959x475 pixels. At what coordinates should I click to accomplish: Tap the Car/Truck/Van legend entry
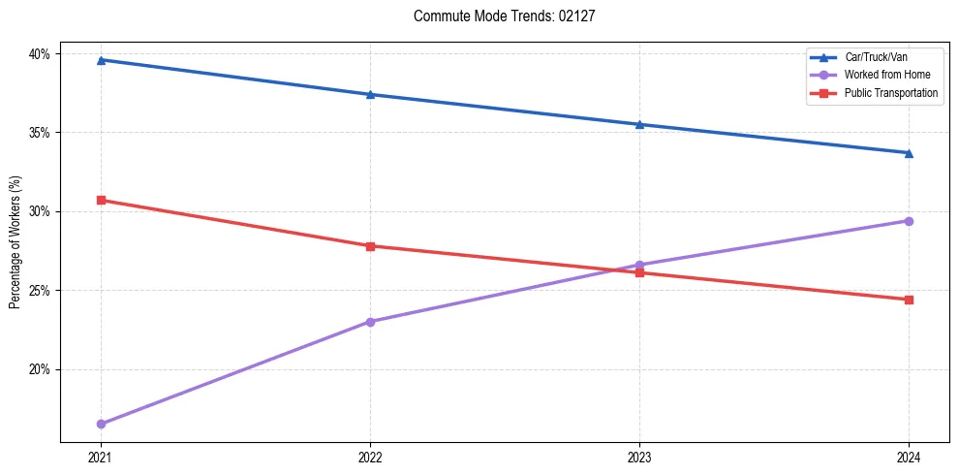876,57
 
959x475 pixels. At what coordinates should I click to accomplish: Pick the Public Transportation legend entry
891,93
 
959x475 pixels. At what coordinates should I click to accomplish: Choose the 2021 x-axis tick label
101,457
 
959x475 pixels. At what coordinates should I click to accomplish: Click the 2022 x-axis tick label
370,457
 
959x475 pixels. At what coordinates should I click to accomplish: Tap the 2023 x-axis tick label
639,457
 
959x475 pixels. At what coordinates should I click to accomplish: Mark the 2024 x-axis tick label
909,457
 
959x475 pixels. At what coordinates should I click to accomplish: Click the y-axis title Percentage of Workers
15,241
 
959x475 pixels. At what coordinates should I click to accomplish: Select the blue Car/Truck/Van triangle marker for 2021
101,60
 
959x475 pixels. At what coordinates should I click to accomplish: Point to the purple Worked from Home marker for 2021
101,424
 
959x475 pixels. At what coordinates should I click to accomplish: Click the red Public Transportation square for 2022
370,246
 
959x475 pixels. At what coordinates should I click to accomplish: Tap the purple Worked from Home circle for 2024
909,221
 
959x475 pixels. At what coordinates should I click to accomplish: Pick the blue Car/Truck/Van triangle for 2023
639,124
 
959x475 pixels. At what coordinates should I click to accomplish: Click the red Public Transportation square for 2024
909,300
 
